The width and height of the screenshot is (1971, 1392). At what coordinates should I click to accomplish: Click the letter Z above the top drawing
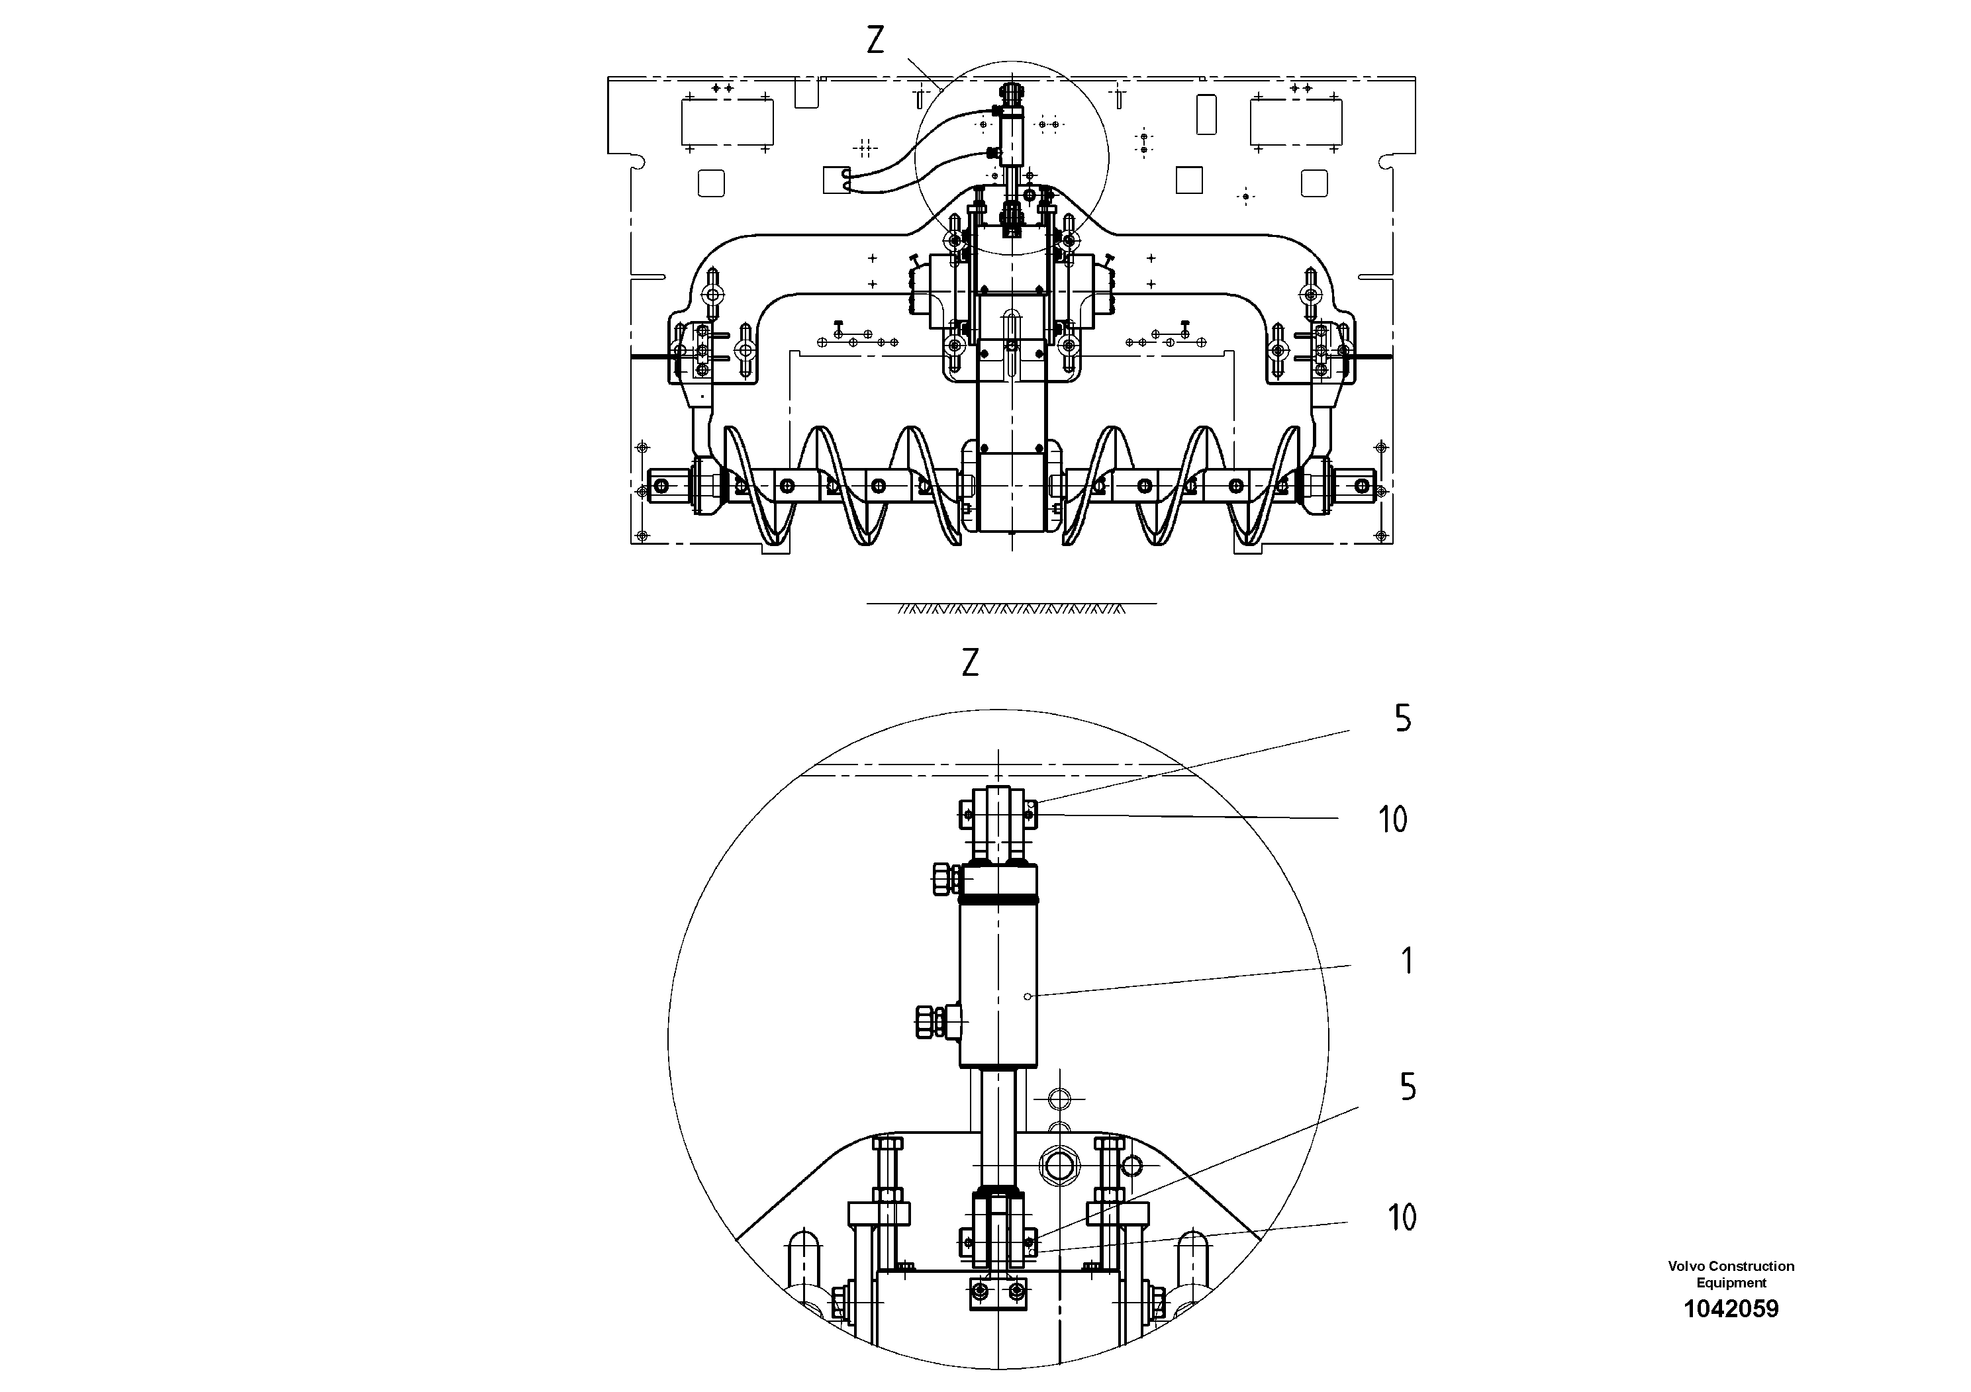(875, 40)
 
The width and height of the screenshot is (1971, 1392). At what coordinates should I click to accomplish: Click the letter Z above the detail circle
(970, 663)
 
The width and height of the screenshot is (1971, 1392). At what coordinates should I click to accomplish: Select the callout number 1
(1406, 961)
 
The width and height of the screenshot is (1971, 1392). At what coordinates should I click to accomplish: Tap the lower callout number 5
(1408, 1088)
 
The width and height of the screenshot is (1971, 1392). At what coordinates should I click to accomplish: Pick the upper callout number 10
(1393, 819)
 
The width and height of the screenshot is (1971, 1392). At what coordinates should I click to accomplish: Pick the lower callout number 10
(1402, 1217)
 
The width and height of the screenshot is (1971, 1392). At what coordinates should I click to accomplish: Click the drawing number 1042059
(1731, 1309)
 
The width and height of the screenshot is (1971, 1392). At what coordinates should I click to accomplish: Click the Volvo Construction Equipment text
(1731, 1274)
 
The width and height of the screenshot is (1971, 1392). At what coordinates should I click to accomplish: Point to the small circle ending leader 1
(1028, 996)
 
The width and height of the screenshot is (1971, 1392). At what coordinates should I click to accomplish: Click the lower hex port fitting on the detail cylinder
(932, 1021)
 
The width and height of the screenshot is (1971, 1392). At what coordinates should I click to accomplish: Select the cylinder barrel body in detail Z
(998, 987)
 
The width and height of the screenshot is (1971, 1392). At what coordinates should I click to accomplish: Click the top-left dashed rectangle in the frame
(727, 122)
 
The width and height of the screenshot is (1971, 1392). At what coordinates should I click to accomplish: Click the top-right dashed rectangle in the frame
(1296, 122)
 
